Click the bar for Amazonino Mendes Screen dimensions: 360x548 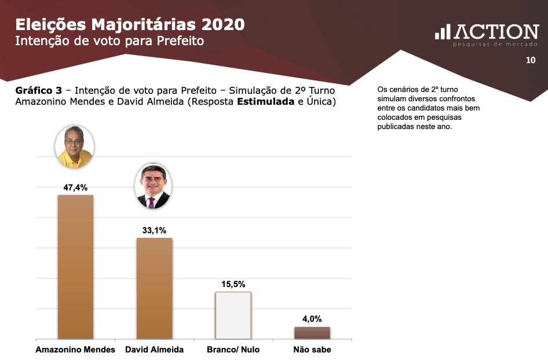click(75, 266)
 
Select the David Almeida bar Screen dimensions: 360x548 click(154, 288)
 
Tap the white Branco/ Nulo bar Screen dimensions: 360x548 click(233, 315)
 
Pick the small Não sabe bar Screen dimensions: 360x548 click(312, 333)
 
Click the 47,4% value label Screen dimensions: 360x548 click(75, 188)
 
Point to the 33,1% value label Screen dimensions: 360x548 click(154, 230)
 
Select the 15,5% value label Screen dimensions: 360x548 click(233, 284)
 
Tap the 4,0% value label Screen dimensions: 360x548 click(312, 319)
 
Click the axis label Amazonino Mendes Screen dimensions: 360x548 click(75, 350)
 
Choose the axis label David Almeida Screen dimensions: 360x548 click(154, 350)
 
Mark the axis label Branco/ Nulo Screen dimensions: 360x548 click(233, 350)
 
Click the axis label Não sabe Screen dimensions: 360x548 click(312, 350)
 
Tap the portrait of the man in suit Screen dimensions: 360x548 click(153, 186)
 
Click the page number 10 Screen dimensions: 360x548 click(530, 60)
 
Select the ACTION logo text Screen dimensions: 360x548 click(496, 32)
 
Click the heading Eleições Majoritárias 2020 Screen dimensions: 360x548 click(130, 24)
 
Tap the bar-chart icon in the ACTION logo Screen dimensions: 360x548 click(443, 32)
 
